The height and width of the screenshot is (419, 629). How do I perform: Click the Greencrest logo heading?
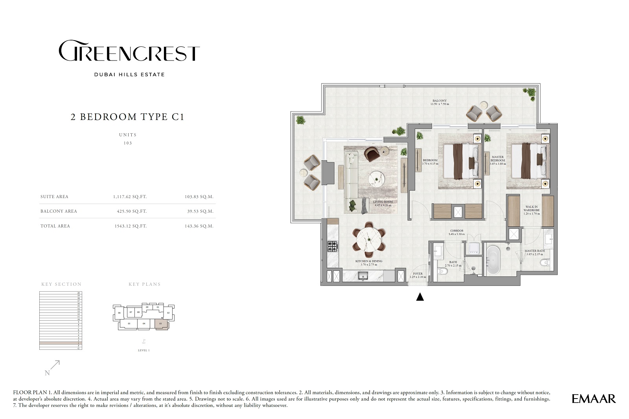pos(129,51)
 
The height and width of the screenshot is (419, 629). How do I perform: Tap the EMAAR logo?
pos(594,399)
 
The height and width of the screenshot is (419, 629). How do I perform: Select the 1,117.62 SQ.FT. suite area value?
pos(130,197)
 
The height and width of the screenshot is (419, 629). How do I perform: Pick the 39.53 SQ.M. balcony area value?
pos(200,211)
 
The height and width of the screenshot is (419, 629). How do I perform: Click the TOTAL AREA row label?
pos(55,226)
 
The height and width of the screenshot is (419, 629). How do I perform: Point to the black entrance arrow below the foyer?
pos(420,297)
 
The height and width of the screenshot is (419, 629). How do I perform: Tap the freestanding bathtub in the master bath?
pos(493,259)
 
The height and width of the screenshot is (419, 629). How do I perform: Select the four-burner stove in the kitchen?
pos(333,246)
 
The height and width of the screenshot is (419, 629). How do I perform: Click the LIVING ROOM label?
pos(383,203)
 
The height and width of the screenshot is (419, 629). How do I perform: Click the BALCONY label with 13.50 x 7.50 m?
pos(440,102)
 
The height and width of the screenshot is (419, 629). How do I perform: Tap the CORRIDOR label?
pos(456,232)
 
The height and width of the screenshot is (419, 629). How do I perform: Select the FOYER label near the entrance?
pos(418,275)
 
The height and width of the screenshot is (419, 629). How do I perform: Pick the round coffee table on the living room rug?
pos(377,180)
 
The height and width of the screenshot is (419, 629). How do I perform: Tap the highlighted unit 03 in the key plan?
pos(161,324)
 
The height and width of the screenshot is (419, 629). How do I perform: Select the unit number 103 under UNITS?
pos(128,143)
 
